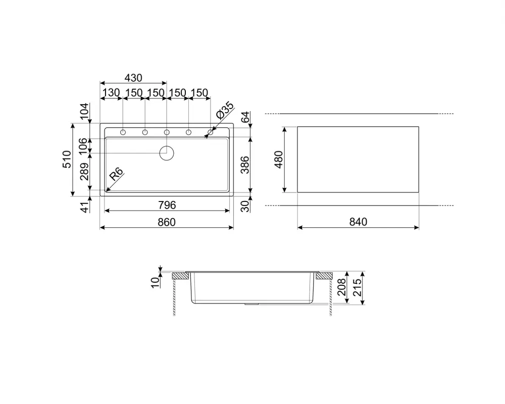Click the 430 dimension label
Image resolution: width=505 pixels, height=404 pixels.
click(133, 78)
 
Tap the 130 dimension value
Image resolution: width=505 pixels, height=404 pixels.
click(111, 93)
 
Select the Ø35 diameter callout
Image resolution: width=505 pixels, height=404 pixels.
click(225, 110)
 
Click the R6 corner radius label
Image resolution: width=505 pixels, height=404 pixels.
click(116, 174)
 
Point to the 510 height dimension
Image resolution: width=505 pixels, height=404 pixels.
click(67, 159)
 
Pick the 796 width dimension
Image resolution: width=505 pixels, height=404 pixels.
click(167, 205)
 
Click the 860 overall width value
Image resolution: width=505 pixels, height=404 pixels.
click(167, 222)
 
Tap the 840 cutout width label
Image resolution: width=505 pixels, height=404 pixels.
click(358, 222)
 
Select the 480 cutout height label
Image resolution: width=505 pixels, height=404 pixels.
click(278, 159)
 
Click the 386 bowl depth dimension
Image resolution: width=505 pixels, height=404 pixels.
click(245, 165)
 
